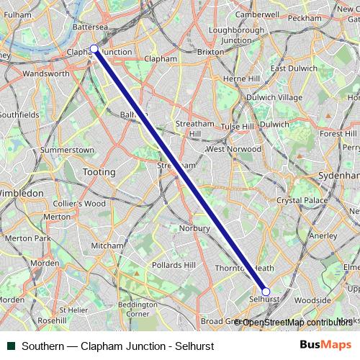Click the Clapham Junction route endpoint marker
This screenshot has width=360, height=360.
94,49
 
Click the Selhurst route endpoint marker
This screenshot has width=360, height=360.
266,292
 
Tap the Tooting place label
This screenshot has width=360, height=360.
99,172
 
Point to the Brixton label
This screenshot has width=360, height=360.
210,53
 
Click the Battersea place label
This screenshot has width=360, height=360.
91,27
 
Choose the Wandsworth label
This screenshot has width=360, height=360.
46,73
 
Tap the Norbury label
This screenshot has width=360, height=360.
196,229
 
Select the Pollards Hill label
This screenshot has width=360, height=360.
174,265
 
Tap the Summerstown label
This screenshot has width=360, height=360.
67,150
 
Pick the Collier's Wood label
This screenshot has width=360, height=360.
80,204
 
